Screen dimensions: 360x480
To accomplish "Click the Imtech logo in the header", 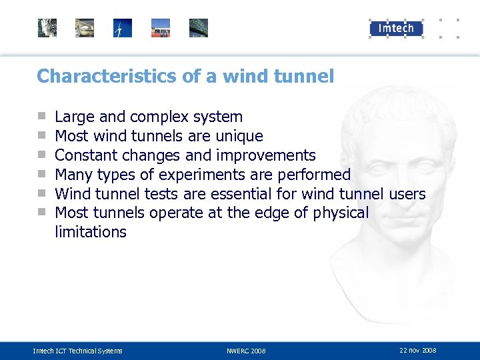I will tap(396, 28).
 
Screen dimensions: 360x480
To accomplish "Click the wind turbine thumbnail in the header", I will tap(123, 28).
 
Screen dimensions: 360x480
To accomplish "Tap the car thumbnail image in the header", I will tap(85, 28).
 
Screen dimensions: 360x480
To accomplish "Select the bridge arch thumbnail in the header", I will tap(199, 28).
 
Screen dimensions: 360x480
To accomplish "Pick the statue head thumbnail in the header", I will tap(47, 28).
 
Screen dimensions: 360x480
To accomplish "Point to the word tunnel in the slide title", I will tap(303, 77).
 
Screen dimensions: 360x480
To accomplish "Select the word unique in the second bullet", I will tap(241, 137).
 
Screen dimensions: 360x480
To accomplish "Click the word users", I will tap(405, 194).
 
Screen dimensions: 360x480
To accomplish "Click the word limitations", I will tap(90, 232).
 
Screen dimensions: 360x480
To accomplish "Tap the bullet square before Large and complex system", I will tap(41, 117).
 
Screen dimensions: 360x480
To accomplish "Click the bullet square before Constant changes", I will tap(41, 156).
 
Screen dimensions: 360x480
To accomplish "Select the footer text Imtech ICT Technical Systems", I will tap(77, 351).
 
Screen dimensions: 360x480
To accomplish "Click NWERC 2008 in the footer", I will tap(245, 351).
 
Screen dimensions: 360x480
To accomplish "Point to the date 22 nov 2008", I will tap(418, 350).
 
